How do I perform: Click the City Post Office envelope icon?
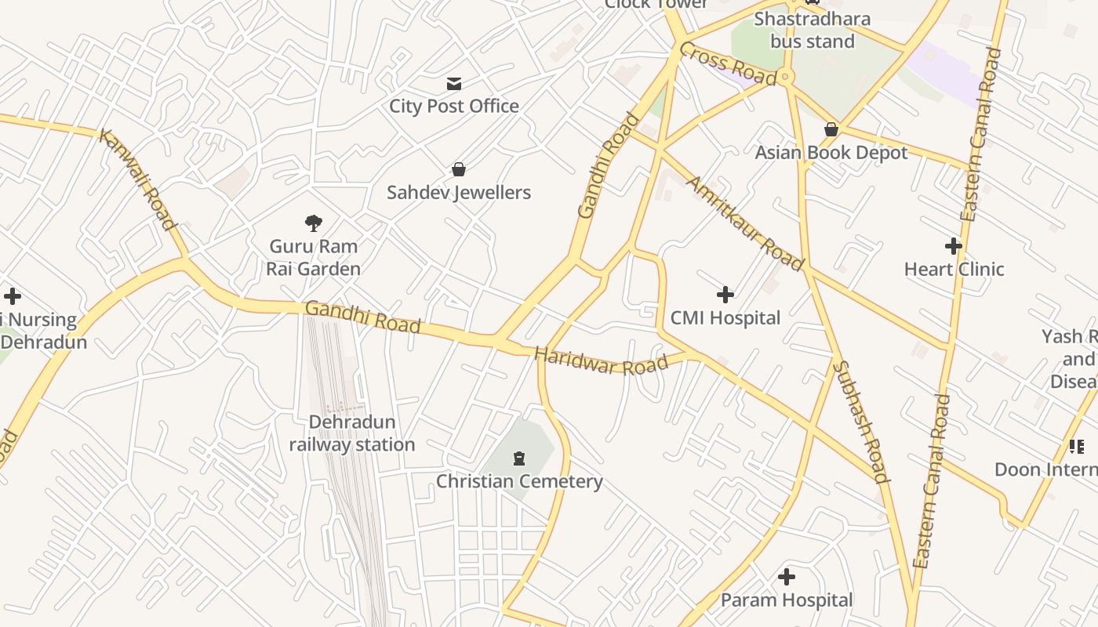[x=453, y=84]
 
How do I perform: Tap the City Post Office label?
[x=454, y=106]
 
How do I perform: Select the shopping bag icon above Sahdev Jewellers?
[x=459, y=169]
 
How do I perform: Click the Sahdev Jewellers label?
[x=459, y=192]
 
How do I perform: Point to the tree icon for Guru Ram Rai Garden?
[x=314, y=223]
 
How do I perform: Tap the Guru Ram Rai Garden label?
[x=314, y=257]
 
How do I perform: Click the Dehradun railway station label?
[x=352, y=433]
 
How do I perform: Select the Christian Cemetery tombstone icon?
[x=518, y=458]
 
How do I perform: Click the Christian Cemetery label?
[x=519, y=481]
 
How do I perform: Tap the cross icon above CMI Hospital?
[x=725, y=295]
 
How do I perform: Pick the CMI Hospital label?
[x=725, y=317]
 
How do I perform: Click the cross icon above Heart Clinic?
[x=954, y=246]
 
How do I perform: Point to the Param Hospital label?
[x=787, y=600]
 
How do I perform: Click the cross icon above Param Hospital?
[x=787, y=578]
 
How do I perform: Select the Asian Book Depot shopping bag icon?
[x=831, y=129]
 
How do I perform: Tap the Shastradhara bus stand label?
[x=813, y=30]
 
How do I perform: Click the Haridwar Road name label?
[x=602, y=362]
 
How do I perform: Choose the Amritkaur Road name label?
[x=745, y=223]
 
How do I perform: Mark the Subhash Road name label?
[x=860, y=422]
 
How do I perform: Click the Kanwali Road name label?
[x=138, y=179]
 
